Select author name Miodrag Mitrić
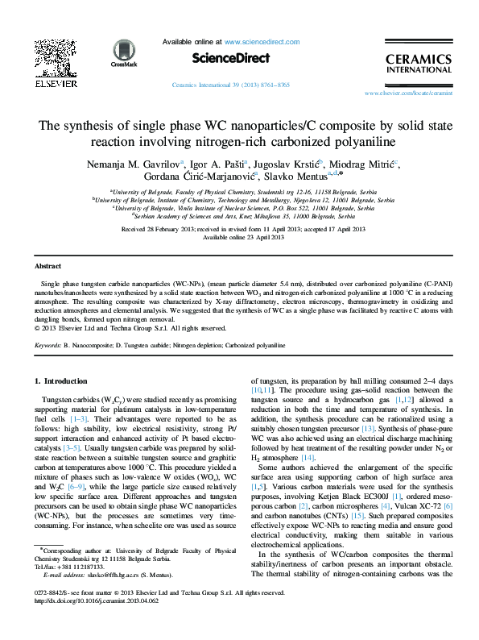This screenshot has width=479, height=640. tap(366, 163)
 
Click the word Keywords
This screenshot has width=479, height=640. tap(52, 344)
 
